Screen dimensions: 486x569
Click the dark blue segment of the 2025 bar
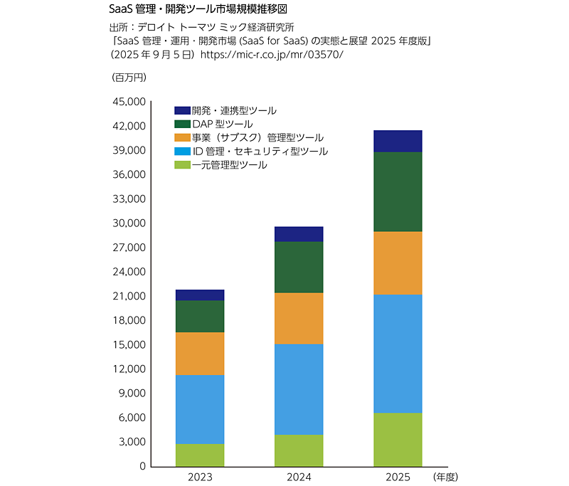click(x=398, y=141)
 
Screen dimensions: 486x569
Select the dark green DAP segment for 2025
click(x=398, y=191)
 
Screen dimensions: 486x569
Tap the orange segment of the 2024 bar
click(x=299, y=318)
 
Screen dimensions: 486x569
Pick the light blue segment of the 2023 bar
click(x=200, y=409)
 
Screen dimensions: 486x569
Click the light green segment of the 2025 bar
click(x=398, y=439)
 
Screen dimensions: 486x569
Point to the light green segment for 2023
click(x=200, y=455)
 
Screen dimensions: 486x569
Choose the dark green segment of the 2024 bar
click(x=299, y=267)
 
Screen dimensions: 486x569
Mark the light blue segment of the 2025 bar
click(x=398, y=353)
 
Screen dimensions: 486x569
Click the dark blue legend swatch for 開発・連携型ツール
click(x=182, y=111)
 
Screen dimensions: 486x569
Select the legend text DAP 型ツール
click(x=222, y=125)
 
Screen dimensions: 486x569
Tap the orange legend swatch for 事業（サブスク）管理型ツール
click(x=182, y=138)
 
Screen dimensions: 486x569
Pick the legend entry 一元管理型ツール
click(x=229, y=165)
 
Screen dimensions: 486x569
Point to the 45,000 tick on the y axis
click(x=129, y=102)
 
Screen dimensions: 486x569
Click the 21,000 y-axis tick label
click(x=129, y=296)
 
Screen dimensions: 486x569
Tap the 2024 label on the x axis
click(x=299, y=477)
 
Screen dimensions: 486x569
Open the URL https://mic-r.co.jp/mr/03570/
click(x=272, y=54)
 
